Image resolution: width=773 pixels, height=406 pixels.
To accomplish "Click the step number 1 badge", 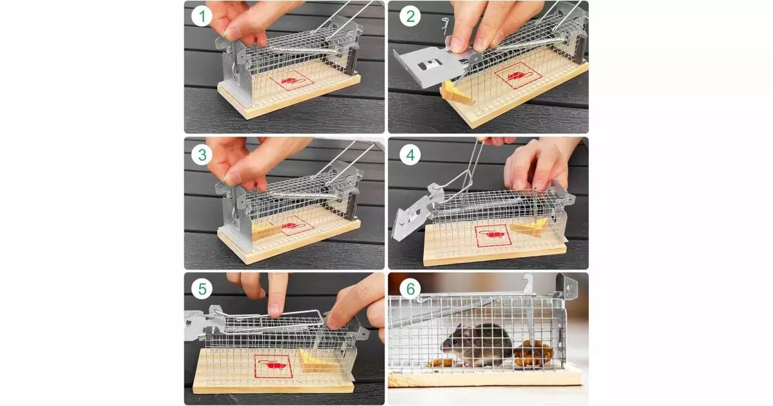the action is pos(202,16).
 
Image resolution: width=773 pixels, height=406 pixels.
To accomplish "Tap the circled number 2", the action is pos(410,16).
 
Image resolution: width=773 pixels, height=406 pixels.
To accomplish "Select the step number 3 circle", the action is pos(202,155).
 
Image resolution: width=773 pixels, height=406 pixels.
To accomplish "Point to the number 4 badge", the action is pos(410,155).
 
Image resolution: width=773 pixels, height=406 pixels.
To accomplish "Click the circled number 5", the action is pos(202,289).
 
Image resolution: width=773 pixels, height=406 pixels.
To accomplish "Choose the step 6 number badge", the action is pos(410,289).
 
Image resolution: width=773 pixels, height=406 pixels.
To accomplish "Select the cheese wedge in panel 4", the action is pos(530,227).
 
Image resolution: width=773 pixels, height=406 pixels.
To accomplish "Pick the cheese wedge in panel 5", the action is pos(317,362).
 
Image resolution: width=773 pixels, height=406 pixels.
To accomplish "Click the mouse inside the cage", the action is pos(477,345).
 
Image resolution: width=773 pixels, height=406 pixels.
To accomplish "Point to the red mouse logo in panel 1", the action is pos(292,81).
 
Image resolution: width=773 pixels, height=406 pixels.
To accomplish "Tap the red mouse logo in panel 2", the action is pos(519,76).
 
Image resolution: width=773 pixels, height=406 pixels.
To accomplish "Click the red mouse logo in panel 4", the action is pos(492,235).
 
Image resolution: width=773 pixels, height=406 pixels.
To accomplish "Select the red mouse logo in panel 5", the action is pos(273,365).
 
